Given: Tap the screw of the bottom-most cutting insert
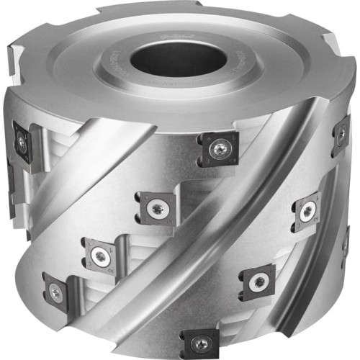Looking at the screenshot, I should (196, 341).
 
